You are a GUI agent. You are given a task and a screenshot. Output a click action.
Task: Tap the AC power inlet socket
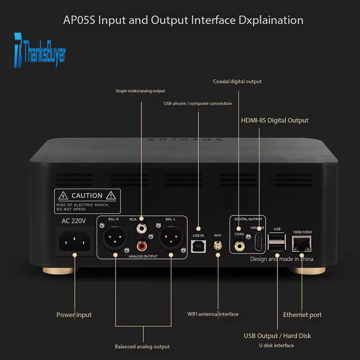pyautogui.click(x=74, y=243)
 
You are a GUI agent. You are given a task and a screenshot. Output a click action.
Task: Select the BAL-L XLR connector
pyautogui.click(x=170, y=239)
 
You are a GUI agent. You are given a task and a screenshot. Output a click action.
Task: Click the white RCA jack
pyautogui.click(x=142, y=229)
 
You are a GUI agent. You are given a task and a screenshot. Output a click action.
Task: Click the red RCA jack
pyautogui.click(x=142, y=247)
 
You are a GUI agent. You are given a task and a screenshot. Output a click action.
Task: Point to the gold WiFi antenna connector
pyautogui.click(x=218, y=246)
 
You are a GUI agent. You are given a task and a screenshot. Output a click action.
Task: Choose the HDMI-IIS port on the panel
pyautogui.click(x=259, y=242)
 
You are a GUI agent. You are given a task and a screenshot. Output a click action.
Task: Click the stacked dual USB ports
pyautogui.click(x=276, y=243)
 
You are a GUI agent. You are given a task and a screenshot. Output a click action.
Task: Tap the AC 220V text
pyautogui.click(x=73, y=221)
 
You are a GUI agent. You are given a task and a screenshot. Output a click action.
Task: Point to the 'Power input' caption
pyautogui.click(x=74, y=315)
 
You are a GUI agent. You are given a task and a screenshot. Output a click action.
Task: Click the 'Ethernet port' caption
pyautogui.click(x=302, y=315)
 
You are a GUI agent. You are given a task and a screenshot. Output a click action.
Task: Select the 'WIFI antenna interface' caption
pyautogui.click(x=213, y=314)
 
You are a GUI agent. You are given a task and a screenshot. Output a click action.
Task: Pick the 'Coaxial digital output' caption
pyautogui.click(x=237, y=81)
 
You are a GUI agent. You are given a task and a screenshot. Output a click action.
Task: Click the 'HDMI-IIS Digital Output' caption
pyautogui.click(x=275, y=120)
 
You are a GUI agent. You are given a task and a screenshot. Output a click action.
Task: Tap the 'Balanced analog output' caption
pyautogui.click(x=142, y=346)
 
